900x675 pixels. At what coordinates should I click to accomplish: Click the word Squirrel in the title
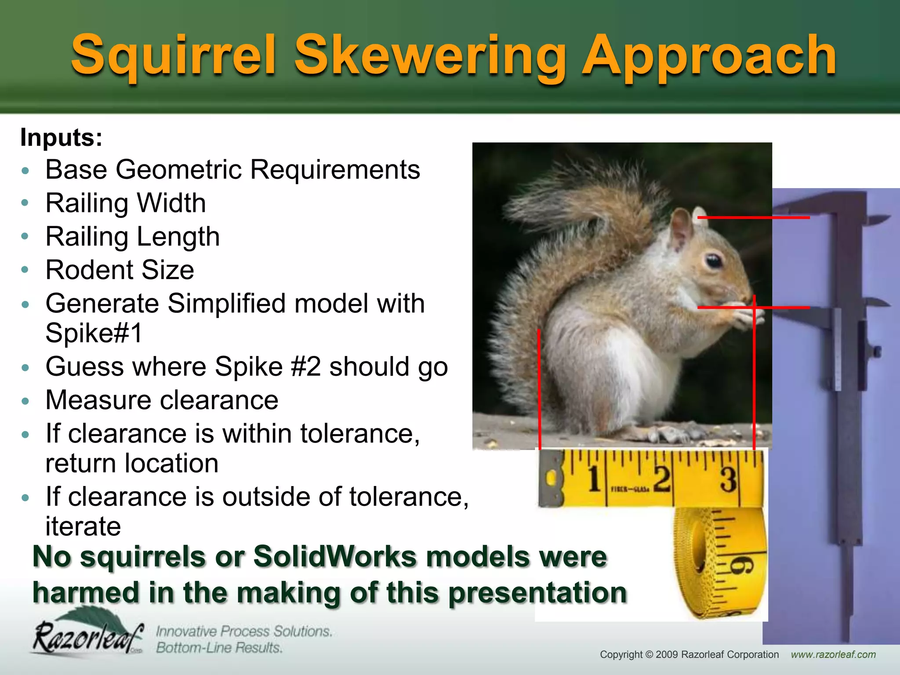(x=174, y=56)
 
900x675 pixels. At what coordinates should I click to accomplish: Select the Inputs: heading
(x=61, y=138)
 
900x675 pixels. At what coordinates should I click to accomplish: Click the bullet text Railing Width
(x=126, y=203)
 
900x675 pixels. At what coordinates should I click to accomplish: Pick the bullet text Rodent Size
(x=120, y=270)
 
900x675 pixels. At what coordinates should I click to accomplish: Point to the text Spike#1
(x=94, y=333)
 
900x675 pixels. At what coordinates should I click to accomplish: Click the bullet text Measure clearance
(x=162, y=400)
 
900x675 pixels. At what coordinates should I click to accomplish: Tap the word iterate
(x=83, y=526)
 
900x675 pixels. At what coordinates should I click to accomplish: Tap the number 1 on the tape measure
(x=594, y=479)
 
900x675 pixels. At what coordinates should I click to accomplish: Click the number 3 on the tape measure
(x=728, y=480)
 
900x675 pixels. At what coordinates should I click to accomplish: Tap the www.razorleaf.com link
(x=833, y=655)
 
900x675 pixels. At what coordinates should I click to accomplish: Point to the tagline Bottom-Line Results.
(x=219, y=648)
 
